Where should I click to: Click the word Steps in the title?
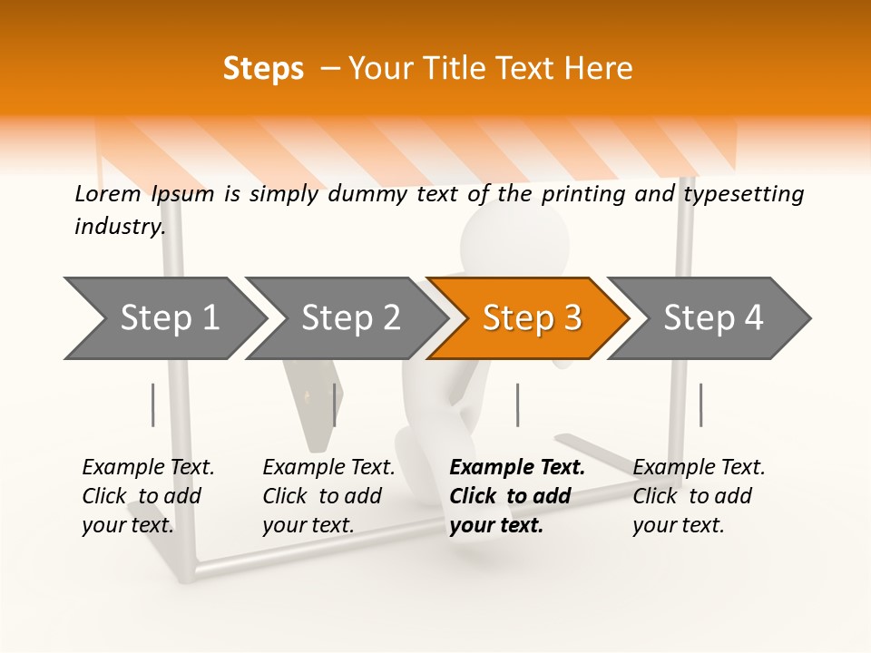(x=263, y=68)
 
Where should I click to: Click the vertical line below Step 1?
(x=153, y=404)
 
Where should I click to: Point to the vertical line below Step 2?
(x=335, y=404)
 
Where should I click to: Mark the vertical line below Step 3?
(x=517, y=404)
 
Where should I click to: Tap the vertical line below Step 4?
(x=700, y=404)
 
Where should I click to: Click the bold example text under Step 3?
(x=515, y=496)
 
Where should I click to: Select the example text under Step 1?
(x=147, y=496)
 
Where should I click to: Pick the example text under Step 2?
(x=328, y=496)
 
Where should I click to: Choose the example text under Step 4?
(x=698, y=496)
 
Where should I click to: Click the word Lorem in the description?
(x=107, y=193)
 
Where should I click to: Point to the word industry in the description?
(x=119, y=226)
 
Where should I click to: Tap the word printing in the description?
(x=583, y=193)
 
